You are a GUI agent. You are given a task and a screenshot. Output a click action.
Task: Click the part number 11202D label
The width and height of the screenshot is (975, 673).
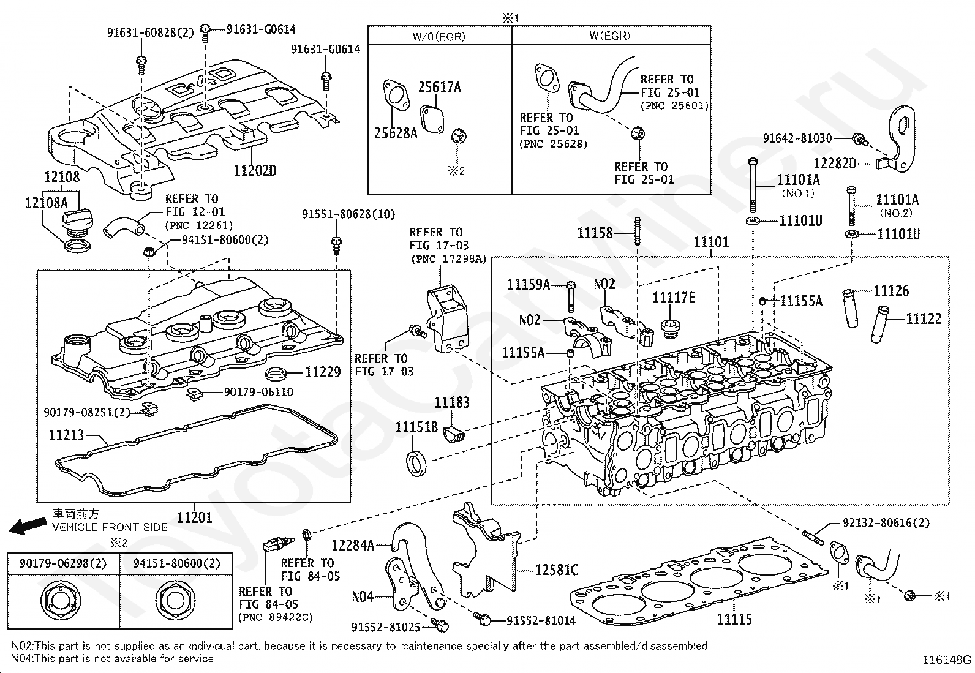(255, 170)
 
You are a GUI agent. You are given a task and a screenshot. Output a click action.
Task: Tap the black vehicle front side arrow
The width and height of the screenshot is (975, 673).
(28, 525)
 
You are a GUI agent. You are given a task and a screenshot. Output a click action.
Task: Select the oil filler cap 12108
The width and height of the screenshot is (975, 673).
(78, 222)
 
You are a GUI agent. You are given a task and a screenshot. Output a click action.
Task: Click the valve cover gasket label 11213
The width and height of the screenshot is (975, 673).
(66, 435)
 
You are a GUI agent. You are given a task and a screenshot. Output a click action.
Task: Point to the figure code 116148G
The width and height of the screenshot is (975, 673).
(947, 660)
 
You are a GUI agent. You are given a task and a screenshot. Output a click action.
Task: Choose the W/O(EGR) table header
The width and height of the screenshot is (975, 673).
(439, 36)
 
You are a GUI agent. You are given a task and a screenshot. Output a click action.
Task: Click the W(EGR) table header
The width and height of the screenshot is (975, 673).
(610, 36)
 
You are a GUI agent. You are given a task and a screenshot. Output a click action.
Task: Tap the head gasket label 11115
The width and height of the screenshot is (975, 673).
(734, 619)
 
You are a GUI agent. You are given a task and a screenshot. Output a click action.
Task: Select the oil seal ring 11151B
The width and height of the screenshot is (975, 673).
(416, 464)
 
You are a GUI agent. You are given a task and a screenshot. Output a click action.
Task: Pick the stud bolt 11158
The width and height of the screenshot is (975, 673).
(637, 231)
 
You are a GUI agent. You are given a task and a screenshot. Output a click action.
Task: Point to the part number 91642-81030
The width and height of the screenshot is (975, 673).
(797, 138)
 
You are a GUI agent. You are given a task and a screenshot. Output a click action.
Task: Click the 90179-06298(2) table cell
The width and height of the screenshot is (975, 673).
(63, 564)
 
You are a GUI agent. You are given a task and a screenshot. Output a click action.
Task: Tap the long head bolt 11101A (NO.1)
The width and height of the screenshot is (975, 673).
(753, 186)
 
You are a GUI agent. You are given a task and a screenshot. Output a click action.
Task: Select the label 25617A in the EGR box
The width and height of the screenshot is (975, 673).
(440, 87)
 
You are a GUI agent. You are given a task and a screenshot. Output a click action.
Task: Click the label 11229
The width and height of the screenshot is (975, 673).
(323, 372)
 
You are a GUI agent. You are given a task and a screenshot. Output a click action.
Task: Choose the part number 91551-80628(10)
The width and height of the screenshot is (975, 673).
(348, 214)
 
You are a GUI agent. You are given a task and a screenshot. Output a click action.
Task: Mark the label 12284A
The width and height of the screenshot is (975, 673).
(353, 545)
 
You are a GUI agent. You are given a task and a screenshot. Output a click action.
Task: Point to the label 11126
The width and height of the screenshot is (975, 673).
(891, 290)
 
